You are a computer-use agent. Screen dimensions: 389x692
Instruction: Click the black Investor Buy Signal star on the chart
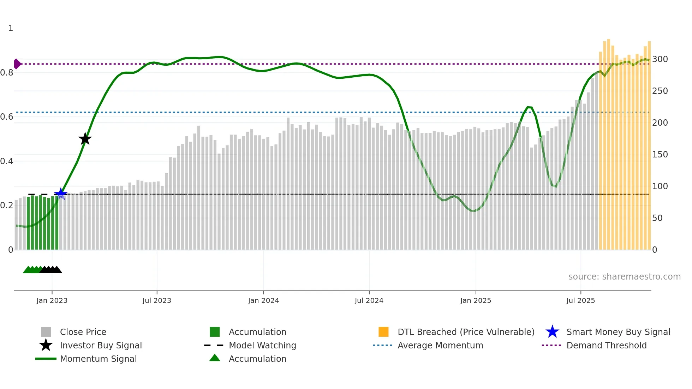(85, 139)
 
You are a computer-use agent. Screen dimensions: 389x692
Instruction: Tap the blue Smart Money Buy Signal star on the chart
(61, 194)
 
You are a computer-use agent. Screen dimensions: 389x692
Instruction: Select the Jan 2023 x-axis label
(52, 300)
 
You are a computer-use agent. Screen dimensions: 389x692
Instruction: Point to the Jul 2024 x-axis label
(369, 300)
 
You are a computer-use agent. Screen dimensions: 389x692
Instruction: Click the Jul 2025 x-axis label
(580, 300)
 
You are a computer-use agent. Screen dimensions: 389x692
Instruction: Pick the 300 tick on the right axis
(660, 59)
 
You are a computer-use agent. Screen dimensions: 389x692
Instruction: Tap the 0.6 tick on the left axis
(7, 117)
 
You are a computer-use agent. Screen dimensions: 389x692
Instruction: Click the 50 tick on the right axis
(657, 218)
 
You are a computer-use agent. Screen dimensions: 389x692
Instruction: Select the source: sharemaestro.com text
(624, 277)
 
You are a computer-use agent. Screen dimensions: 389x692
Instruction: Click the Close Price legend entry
(83, 332)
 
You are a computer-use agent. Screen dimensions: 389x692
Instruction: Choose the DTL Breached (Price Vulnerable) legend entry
(466, 332)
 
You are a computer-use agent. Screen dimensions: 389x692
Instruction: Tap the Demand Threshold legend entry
(606, 345)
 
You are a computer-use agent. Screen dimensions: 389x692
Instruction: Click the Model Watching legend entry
(262, 345)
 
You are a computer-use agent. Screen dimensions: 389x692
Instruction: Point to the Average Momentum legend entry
(440, 345)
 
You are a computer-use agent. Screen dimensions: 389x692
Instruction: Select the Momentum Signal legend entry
(98, 359)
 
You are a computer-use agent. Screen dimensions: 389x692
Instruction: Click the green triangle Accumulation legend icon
(215, 358)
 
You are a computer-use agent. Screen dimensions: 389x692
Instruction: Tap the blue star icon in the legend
(552, 332)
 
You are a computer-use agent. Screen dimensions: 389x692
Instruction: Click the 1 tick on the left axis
(11, 28)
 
